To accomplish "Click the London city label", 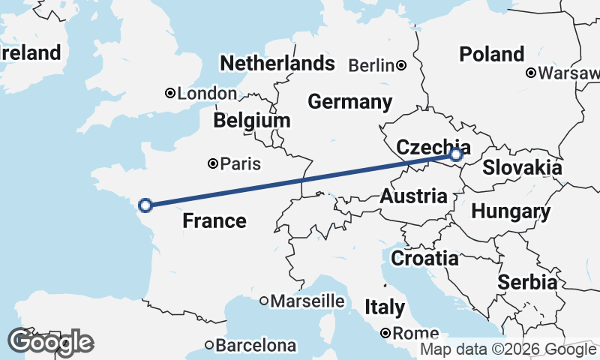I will point(207,94).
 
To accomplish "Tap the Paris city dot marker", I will point(214,163).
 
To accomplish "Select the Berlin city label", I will point(371,65).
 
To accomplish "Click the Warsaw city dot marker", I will point(530,73).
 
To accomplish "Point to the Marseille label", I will point(307,301).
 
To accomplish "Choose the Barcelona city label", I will point(256,346).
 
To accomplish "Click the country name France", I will point(214,220).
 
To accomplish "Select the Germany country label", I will point(349,102).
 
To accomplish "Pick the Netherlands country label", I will point(277,63).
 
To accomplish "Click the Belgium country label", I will point(251,121).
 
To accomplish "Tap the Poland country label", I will point(492,54).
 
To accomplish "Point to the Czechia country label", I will point(433,148).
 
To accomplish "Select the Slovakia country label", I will point(522,167).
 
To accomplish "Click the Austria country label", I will point(414,196).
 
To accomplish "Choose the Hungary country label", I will point(511,211).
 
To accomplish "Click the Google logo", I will point(51,342).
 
